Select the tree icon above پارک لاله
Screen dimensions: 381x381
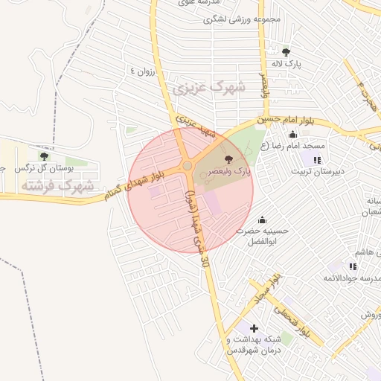point(286,51)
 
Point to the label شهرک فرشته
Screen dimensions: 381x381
point(58,185)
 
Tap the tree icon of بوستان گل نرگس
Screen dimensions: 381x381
point(44,156)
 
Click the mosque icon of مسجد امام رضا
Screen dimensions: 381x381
point(292,135)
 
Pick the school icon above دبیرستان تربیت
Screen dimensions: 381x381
point(318,159)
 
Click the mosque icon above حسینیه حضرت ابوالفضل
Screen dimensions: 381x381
point(261,220)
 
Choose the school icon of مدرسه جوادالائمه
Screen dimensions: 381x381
point(353,266)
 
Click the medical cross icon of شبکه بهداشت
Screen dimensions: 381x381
point(254,327)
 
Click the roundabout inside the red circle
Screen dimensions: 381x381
point(186,166)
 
